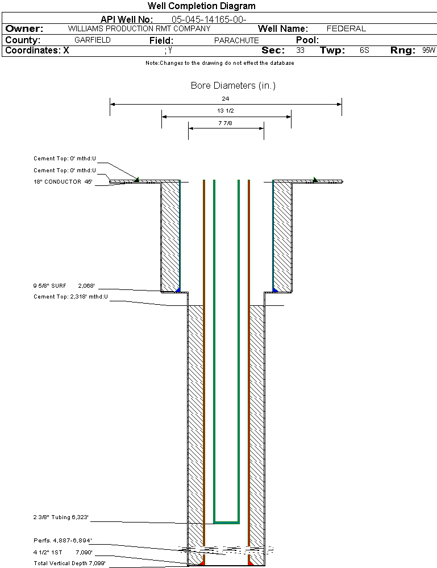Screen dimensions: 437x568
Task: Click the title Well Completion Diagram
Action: (x=201, y=6)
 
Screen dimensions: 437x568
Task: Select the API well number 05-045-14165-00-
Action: (x=209, y=19)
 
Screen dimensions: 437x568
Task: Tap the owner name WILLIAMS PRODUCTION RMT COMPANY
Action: (x=139, y=28)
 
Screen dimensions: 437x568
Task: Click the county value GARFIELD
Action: (x=92, y=40)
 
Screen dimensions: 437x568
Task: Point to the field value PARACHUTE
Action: (x=236, y=40)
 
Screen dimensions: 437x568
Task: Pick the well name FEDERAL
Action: (x=346, y=28)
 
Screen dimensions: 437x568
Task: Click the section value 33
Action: (x=300, y=51)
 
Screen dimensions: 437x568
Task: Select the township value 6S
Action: (x=364, y=51)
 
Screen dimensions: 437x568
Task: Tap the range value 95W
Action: (x=428, y=51)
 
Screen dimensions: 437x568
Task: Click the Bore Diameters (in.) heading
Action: (x=233, y=85)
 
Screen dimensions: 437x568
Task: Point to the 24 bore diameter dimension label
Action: (x=225, y=98)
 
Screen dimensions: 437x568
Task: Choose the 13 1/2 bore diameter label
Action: (x=225, y=110)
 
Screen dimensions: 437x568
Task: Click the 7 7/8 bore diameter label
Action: (x=225, y=123)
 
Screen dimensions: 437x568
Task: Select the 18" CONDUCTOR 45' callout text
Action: (x=63, y=182)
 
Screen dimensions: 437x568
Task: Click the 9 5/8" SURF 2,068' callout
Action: (x=64, y=286)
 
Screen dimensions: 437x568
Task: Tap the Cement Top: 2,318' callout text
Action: (x=70, y=297)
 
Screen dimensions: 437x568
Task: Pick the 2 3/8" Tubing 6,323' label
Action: (x=61, y=517)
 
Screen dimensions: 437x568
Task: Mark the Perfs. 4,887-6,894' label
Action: (x=63, y=541)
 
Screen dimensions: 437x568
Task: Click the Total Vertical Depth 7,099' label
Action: (x=69, y=563)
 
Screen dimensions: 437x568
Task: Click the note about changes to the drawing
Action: (x=220, y=63)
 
